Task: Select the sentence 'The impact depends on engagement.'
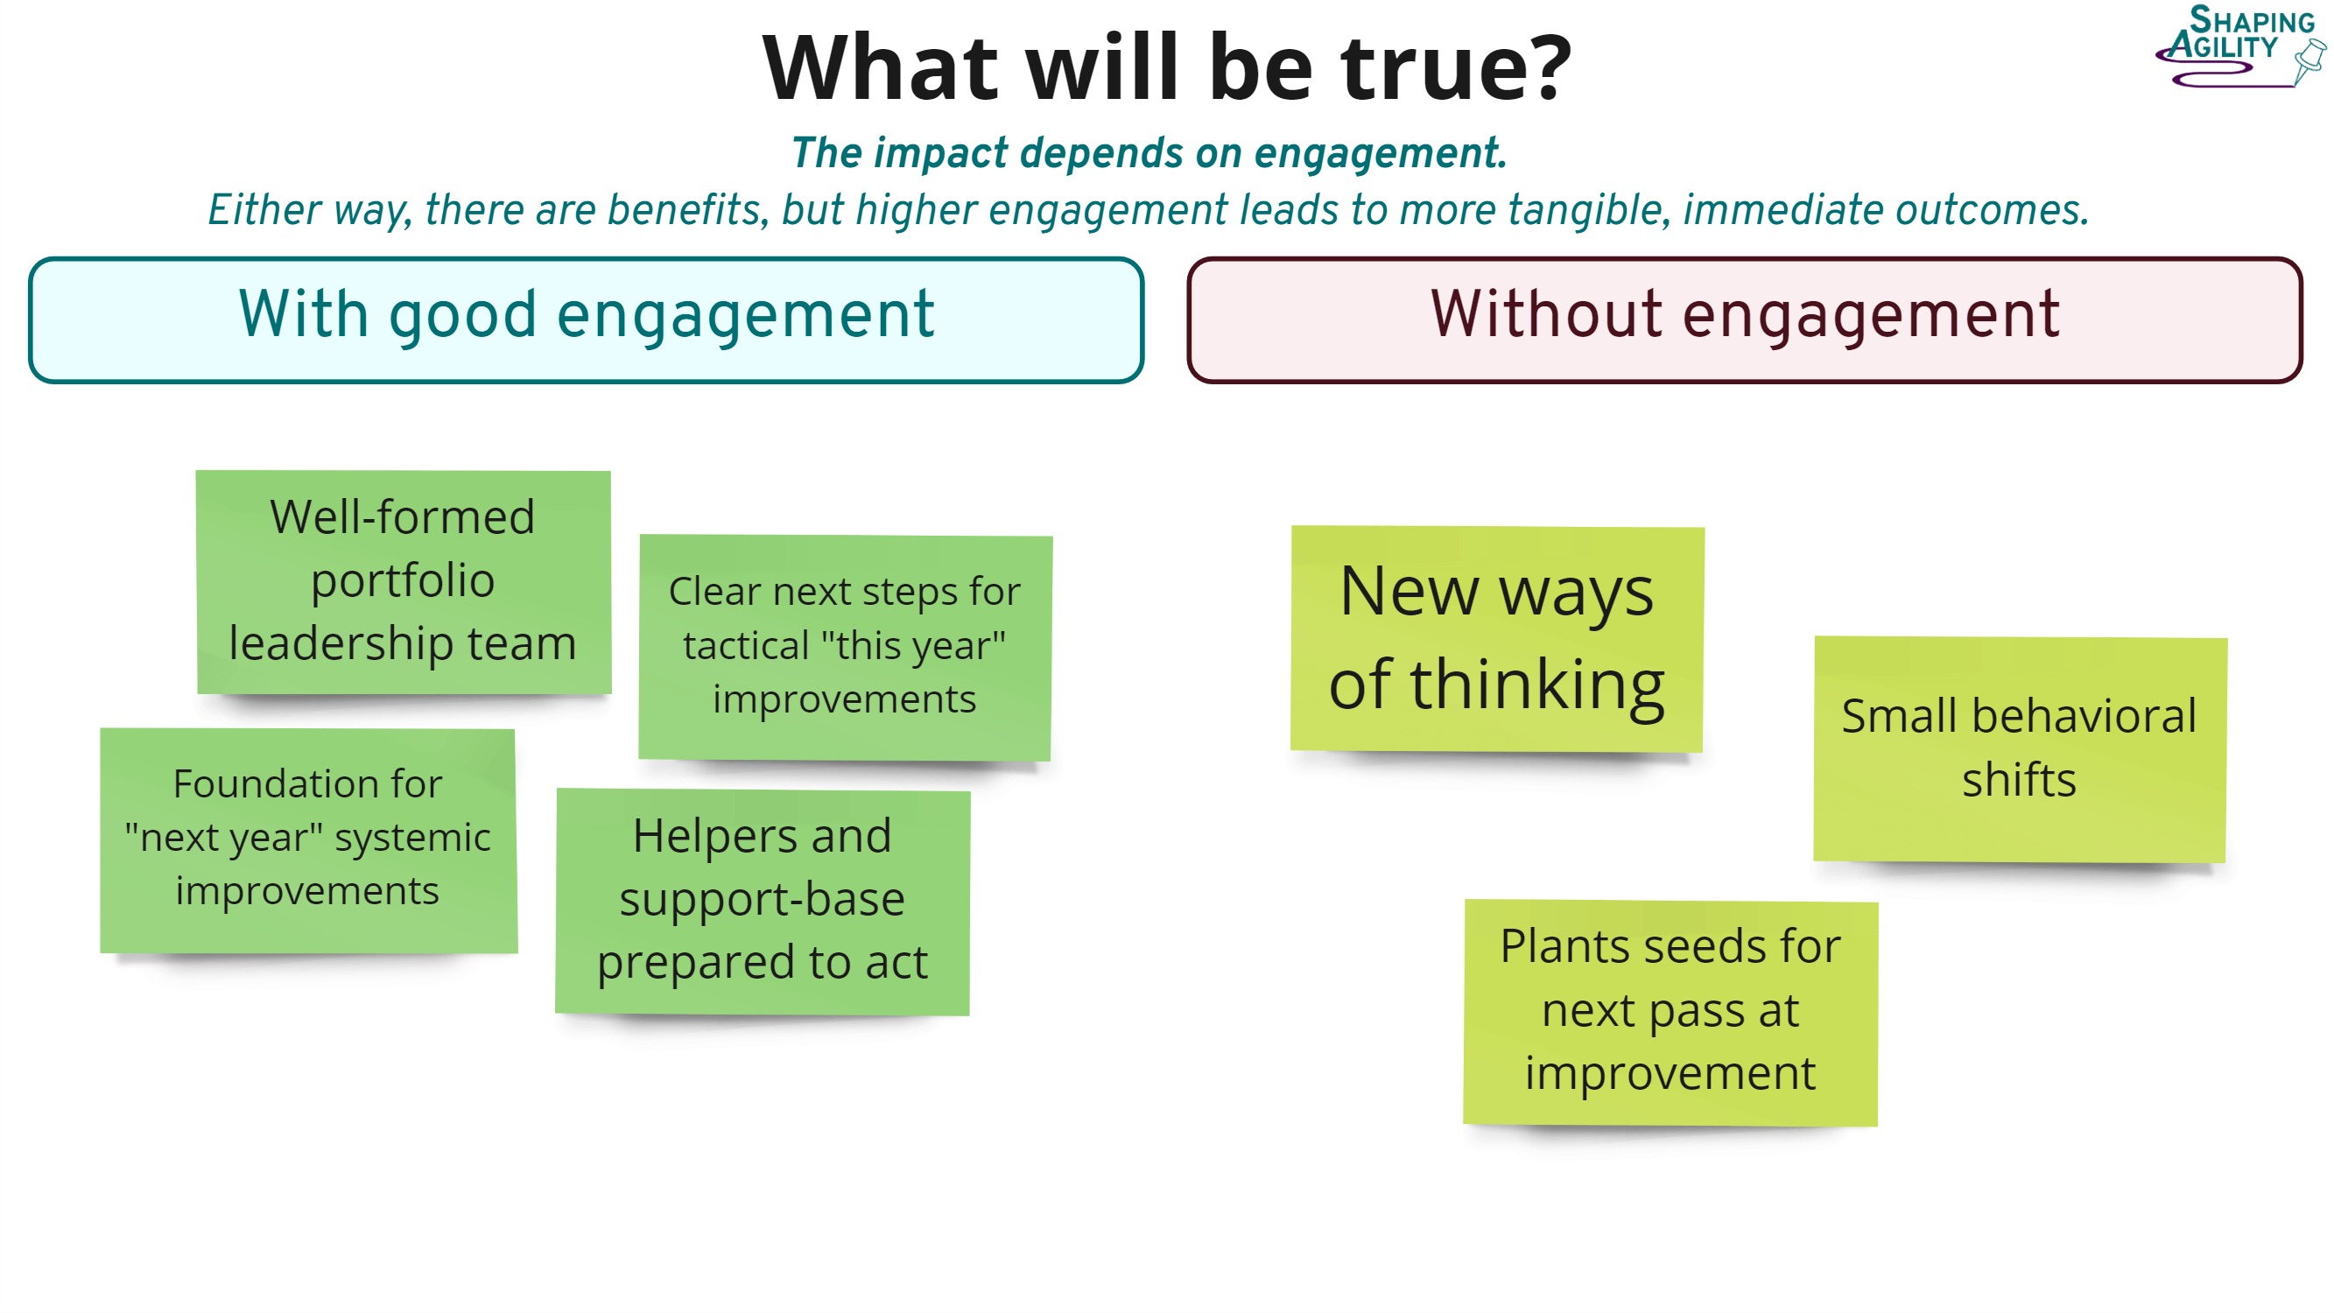(x=1149, y=152)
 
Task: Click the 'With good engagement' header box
(x=587, y=319)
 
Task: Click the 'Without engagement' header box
(x=1744, y=319)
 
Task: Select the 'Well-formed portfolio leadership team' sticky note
(x=404, y=582)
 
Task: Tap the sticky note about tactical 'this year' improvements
(x=845, y=647)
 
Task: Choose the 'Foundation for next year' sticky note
(x=308, y=839)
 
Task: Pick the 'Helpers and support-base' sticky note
(x=762, y=901)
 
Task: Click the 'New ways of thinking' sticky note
(x=1497, y=638)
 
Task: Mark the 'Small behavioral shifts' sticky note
(x=2020, y=748)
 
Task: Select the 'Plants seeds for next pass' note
(x=1670, y=1011)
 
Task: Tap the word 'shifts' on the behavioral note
(x=2019, y=779)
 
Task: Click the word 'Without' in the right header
(x=1546, y=314)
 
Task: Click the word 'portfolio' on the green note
(x=404, y=580)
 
